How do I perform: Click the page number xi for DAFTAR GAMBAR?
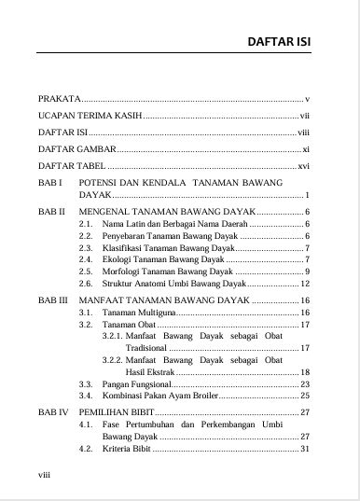(305, 148)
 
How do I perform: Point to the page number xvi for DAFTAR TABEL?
(303, 165)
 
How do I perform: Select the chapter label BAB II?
(50, 213)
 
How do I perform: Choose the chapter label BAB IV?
(52, 411)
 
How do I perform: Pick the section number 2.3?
(86, 249)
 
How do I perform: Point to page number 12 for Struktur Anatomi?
(304, 282)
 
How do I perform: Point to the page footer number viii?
(44, 474)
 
